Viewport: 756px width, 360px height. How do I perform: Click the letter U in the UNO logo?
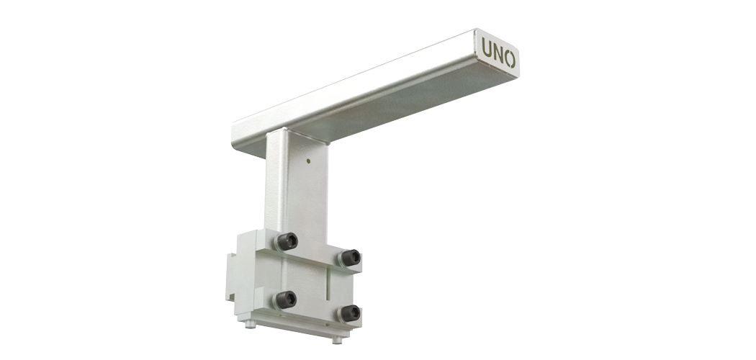point(486,48)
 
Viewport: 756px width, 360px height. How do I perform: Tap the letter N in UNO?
point(498,54)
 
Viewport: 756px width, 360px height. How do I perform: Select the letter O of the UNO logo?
point(510,59)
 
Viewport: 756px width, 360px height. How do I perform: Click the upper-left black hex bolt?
point(287,241)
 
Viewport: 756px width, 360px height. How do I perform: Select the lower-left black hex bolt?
point(285,300)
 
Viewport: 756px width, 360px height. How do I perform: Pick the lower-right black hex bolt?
point(349,314)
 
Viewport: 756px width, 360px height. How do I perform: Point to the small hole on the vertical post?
point(308,161)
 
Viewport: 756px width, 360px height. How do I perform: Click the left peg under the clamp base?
point(251,324)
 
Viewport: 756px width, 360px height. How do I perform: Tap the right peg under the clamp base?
point(337,340)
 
